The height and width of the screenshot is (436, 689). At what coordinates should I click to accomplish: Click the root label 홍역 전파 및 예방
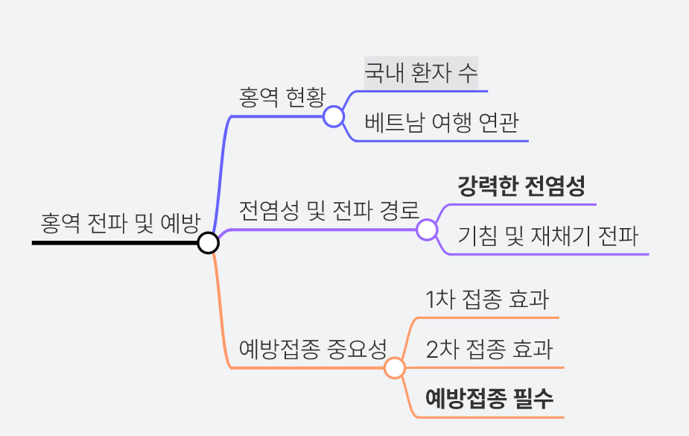[x=120, y=222]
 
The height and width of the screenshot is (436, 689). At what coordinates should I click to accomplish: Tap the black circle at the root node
[x=208, y=242]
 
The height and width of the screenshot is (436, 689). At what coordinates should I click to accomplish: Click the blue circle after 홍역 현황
[x=333, y=116]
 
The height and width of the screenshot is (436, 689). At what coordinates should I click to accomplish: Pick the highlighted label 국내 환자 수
[x=421, y=73]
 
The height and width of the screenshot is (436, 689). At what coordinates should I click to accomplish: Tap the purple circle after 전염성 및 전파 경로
[x=427, y=229]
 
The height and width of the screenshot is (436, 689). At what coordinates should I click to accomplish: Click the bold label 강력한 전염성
[x=521, y=186]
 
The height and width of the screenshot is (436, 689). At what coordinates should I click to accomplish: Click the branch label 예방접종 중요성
[x=313, y=348]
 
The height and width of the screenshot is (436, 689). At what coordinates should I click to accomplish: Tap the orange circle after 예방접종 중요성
[x=394, y=367]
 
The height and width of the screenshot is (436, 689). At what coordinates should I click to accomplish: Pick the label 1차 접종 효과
[x=487, y=300]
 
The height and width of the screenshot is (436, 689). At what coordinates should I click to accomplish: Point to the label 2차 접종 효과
[x=489, y=350]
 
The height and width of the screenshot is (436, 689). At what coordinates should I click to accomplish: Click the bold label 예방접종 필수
[x=489, y=398]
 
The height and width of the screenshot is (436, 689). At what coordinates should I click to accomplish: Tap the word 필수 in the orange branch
[x=534, y=398]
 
